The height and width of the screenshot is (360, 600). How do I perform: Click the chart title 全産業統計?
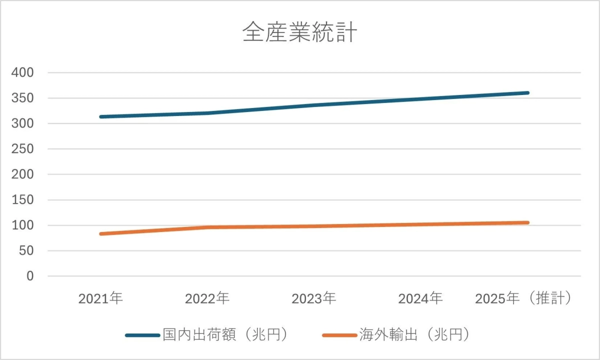[x=299, y=33]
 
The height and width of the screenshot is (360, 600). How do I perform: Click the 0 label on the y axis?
[x=30, y=276]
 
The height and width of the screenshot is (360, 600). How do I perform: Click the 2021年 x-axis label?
[x=100, y=299]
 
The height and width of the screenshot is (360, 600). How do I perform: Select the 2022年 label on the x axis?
[x=207, y=299]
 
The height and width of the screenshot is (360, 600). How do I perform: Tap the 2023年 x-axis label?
[x=313, y=299]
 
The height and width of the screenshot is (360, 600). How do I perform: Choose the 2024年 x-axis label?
[x=420, y=299]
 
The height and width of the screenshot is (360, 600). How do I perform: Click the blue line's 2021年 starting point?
[x=101, y=117]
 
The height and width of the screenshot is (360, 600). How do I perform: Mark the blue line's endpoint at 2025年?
[x=527, y=93]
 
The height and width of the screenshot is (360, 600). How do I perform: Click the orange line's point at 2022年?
[x=207, y=227]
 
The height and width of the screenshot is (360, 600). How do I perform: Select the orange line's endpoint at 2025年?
[x=527, y=222]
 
